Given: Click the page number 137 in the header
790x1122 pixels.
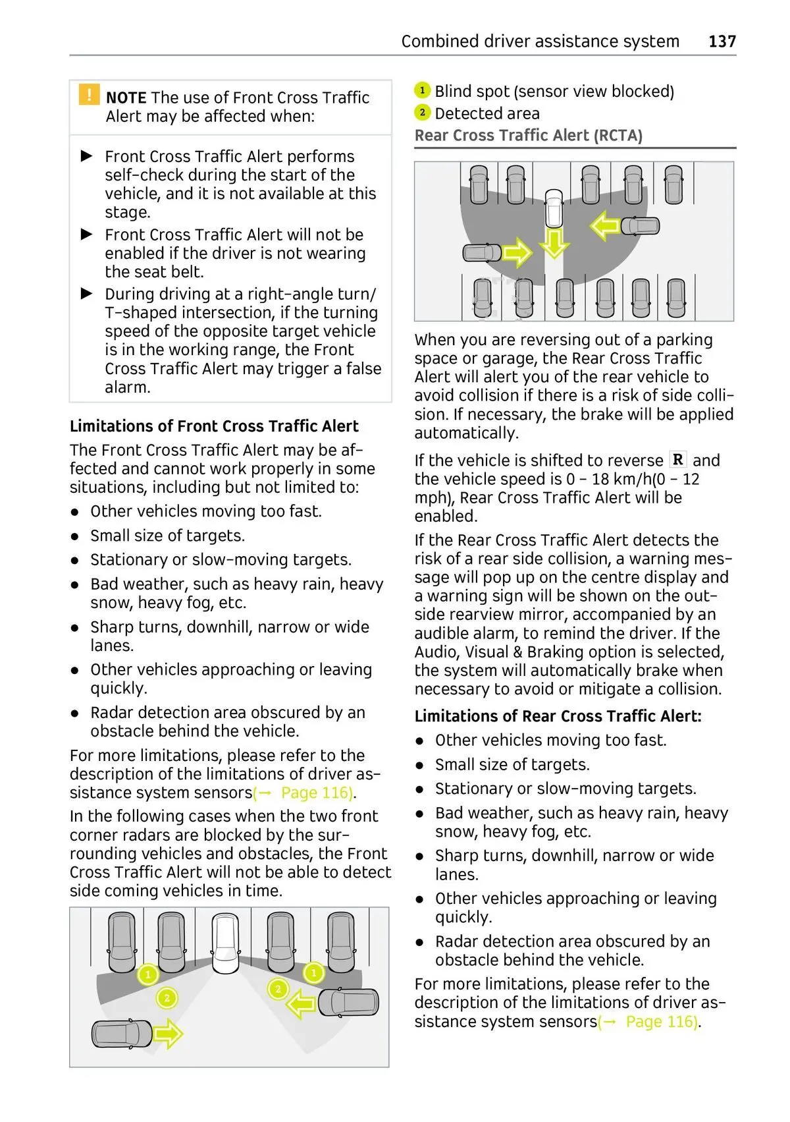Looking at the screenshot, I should [x=722, y=42].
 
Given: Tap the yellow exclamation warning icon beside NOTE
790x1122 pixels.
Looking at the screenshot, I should [x=89, y=95].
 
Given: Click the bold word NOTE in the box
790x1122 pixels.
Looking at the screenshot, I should [x=126, y=98].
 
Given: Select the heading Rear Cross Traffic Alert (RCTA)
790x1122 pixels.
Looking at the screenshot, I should [x=528, y=136].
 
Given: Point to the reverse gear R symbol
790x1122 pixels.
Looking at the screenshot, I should [x=677, y=460].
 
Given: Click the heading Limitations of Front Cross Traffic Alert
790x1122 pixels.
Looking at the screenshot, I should [x=214, y=426].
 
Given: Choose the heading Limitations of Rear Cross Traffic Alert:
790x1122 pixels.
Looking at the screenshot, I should [x=558, y=716].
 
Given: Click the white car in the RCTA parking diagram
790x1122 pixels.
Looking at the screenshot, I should [x=554, y=208].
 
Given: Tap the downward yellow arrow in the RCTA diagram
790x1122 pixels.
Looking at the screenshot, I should [x=554, y=244].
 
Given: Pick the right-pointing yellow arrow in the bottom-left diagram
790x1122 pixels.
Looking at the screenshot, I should [x=167, y=1033].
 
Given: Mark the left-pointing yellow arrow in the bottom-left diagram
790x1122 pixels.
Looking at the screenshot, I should [x=302, y=1005].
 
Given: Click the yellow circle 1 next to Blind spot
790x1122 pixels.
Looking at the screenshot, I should [x=422, y=90].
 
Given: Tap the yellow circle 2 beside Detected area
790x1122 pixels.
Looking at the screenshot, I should [x=422, y=113].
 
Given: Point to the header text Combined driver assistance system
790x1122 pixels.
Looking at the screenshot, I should [x=540, y=42].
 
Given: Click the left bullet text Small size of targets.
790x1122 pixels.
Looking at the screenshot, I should [x=167, y=536].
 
